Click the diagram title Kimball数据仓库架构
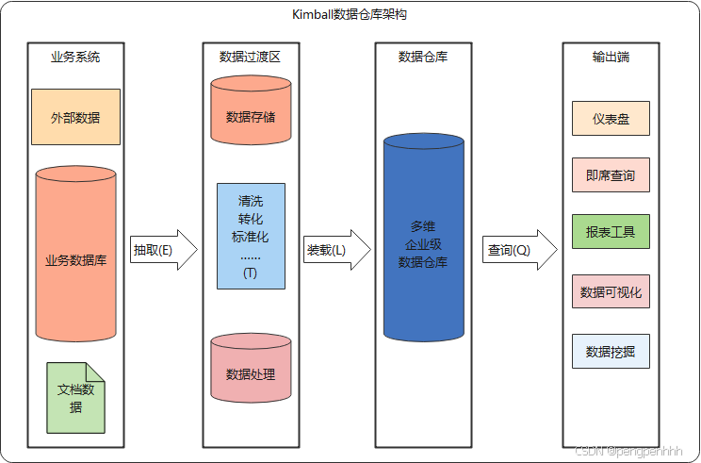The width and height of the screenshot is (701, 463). (x=350, y=16)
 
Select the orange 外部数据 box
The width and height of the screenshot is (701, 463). (x=75, y=117)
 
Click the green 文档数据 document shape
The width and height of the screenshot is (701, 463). (x=75, y=398)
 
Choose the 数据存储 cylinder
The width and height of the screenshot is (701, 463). (x=251, y=117)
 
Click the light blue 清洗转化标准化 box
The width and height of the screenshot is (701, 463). (x=250, y=236)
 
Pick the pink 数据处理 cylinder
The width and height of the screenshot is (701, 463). (x=251, y=373)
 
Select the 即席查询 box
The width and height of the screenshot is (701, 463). (x=611, y=175)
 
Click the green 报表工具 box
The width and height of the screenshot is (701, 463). (x=611, y=232)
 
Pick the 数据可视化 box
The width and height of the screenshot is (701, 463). (x=611, y=292)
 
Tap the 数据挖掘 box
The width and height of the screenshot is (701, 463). (x=611, y=352)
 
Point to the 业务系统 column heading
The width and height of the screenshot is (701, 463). (x=75, y=57)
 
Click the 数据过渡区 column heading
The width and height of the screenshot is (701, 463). (x=250, y=57)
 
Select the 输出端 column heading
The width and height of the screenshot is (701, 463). (x=611, y=57)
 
